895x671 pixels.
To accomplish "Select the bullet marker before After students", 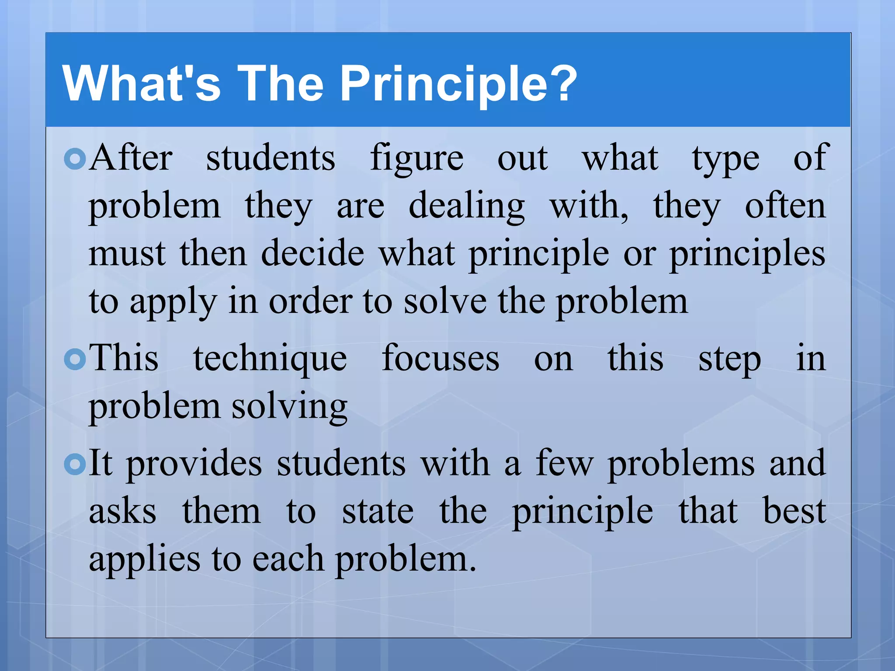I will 75,159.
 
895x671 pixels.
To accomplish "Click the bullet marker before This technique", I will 75,360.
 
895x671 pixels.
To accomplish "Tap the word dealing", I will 466,207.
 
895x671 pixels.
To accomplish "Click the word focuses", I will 440,359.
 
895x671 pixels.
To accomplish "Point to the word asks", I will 122,512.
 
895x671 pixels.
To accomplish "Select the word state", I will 378,512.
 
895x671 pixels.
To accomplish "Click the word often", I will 785,206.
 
